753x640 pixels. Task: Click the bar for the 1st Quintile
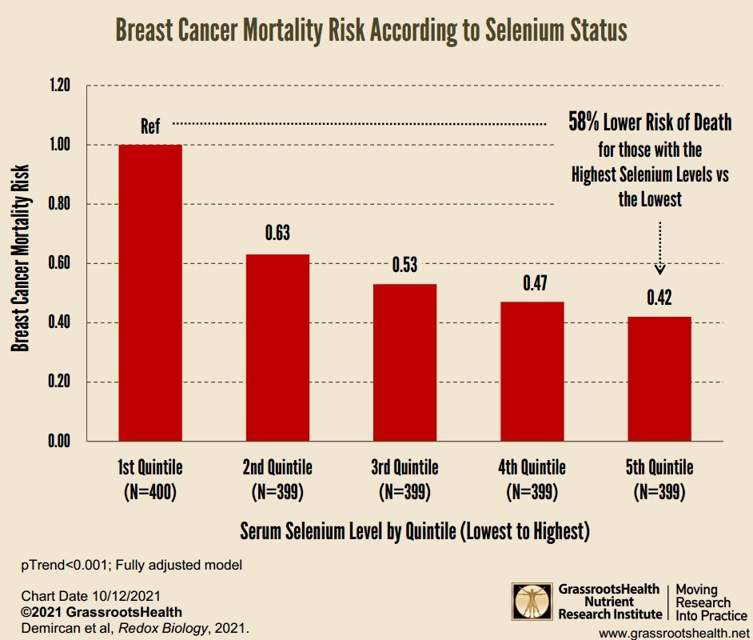pyautogui.click(x=150, y=293)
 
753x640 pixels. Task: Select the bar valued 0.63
pyautogui.click(x=277, y=347)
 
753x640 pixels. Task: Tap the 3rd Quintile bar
pyautogui.click(x=404, y=362)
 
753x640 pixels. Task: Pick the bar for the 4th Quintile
pyautogui.click(x=532, y=371)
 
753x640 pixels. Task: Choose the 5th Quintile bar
pyautogui.click(x=659, y=378)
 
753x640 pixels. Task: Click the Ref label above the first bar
pyautogui.click(x=150, y=126)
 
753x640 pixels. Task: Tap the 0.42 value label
pyautogui.click(x=659, y=298)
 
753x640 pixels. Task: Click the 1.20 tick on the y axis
pyautogui.click(x=60, y=86)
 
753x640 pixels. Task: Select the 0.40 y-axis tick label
pyautogui.click(x=60, y=322)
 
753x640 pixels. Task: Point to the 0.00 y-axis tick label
pyautogui.click(x=60, y=441)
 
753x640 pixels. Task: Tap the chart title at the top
pyautogui.click(x=372, y=30)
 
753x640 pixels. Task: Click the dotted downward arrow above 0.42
pyautogui.click(x=660, y=248)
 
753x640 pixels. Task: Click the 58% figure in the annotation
pyautogui.click(x=584, y=123)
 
